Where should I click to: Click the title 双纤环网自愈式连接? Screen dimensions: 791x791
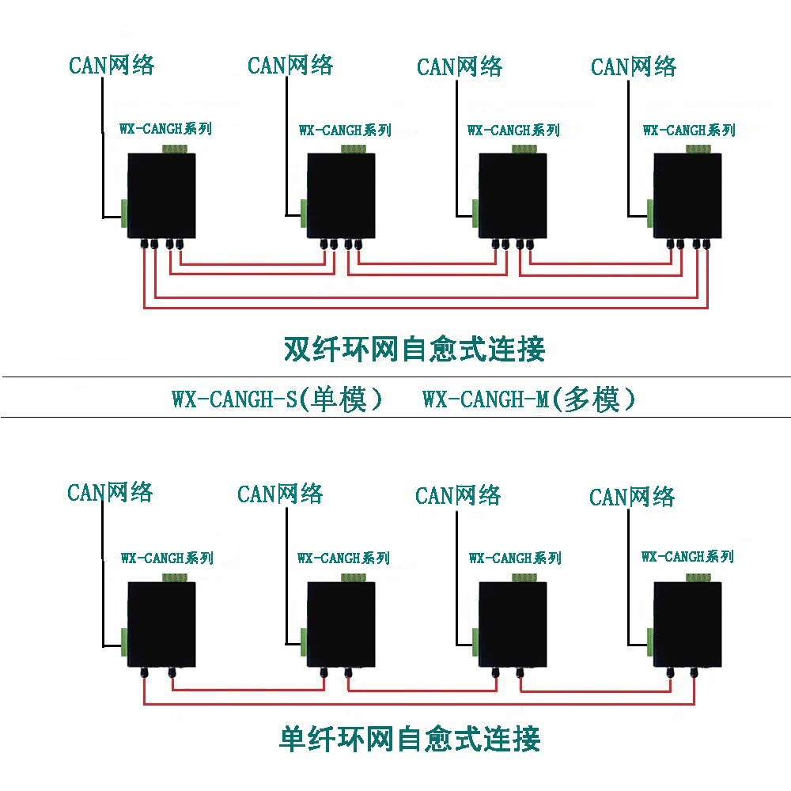click(x=414, y=349)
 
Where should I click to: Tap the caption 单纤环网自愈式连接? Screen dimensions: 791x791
click(x=410, y=739)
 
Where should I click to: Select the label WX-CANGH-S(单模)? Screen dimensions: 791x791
click(x=277, y=399)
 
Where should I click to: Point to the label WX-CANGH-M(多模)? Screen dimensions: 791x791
click(x=528, y=399)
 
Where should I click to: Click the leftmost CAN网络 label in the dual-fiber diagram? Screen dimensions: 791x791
click(x=112, y=65)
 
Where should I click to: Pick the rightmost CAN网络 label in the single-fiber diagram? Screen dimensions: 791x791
click(x=632, y=497)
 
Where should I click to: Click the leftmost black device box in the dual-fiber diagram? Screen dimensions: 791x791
click(x=161, y=195)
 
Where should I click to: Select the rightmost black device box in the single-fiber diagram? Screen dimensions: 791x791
click(x=687, y=625)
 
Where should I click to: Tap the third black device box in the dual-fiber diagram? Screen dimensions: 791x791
click(x=513, y=195)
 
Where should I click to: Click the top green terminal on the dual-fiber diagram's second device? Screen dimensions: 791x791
click(x=354, y=149)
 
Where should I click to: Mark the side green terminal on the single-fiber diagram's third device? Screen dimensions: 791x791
click(x=475, y=642)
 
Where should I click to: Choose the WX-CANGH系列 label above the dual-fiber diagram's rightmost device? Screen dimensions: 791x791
click(x=689, y=131)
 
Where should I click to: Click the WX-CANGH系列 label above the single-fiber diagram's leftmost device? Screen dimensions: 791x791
click(x=167, y=558)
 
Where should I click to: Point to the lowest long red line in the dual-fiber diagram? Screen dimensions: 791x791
click(x=426, y=307)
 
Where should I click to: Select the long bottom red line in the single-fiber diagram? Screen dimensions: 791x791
click(x=419, y=703)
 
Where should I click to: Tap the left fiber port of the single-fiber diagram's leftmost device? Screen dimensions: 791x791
click(x=144, y=672)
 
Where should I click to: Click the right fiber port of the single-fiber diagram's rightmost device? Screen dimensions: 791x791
click(x=694, y=672)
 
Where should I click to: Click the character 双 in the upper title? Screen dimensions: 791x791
click(x=297, y=349)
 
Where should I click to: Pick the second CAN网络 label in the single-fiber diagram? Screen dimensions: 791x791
click(x=280, y=494)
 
